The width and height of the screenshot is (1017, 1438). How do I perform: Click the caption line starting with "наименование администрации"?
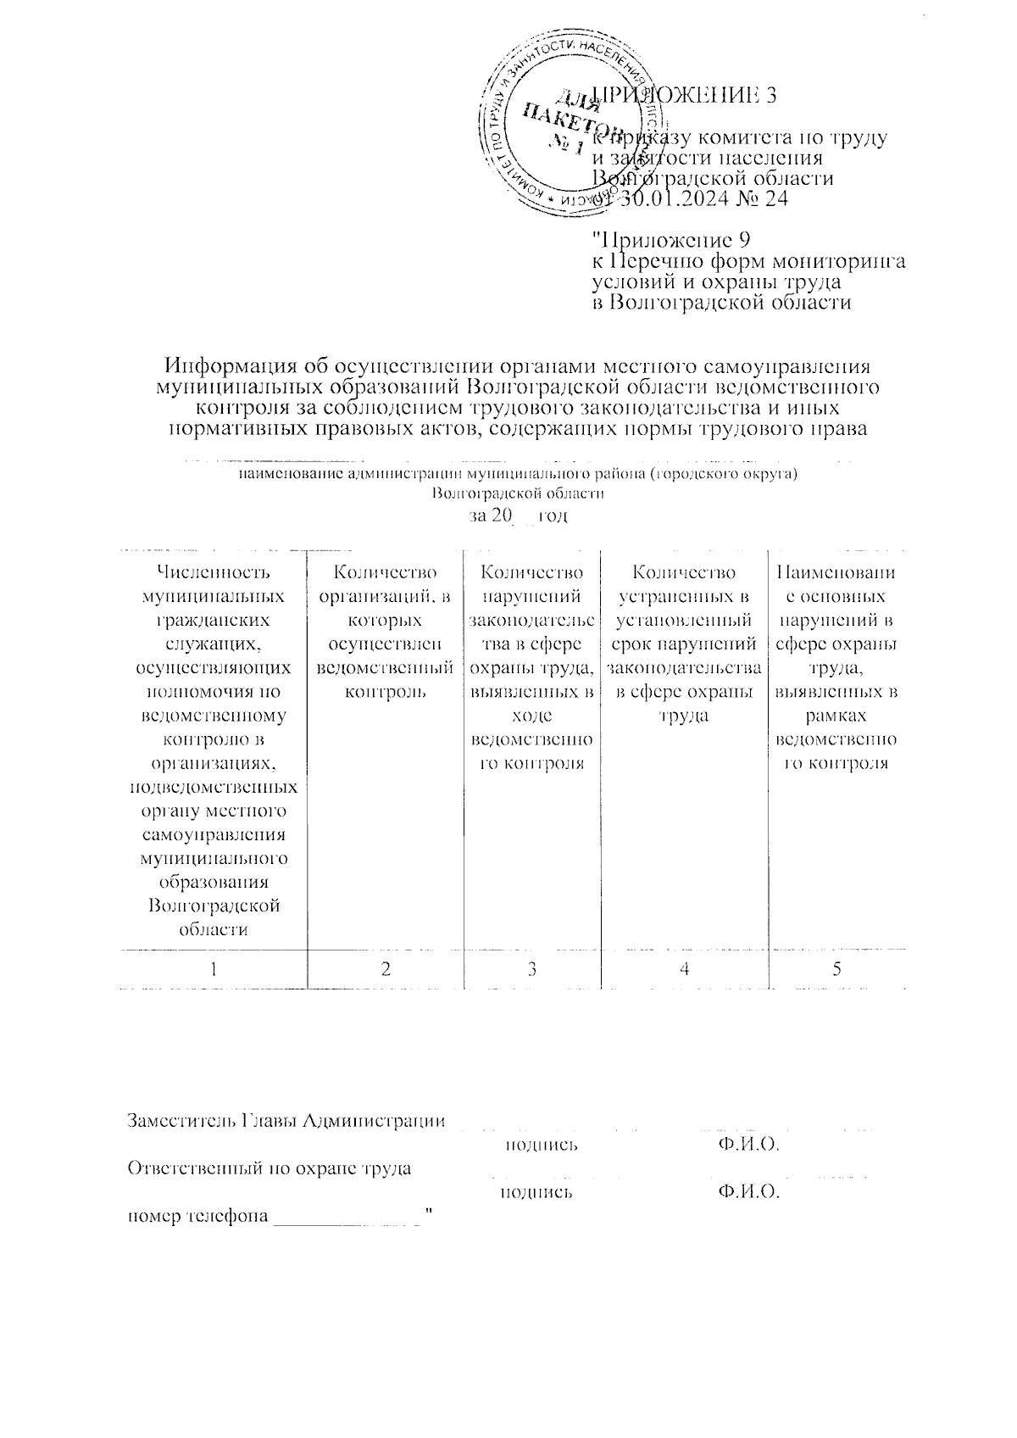519,474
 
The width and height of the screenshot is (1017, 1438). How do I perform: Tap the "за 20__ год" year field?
518,516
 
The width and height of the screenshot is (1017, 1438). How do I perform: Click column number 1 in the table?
214,968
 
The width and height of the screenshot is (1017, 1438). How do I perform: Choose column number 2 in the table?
386,968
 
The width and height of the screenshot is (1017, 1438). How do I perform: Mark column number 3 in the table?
532,968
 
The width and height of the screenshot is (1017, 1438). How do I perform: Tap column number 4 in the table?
684,968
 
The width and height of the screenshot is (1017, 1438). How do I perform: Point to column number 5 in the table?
836,968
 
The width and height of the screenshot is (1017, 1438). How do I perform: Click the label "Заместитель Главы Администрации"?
286,1120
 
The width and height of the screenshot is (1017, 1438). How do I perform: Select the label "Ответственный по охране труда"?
270,1168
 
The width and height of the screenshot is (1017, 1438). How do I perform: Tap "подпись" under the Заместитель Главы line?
542,1145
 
